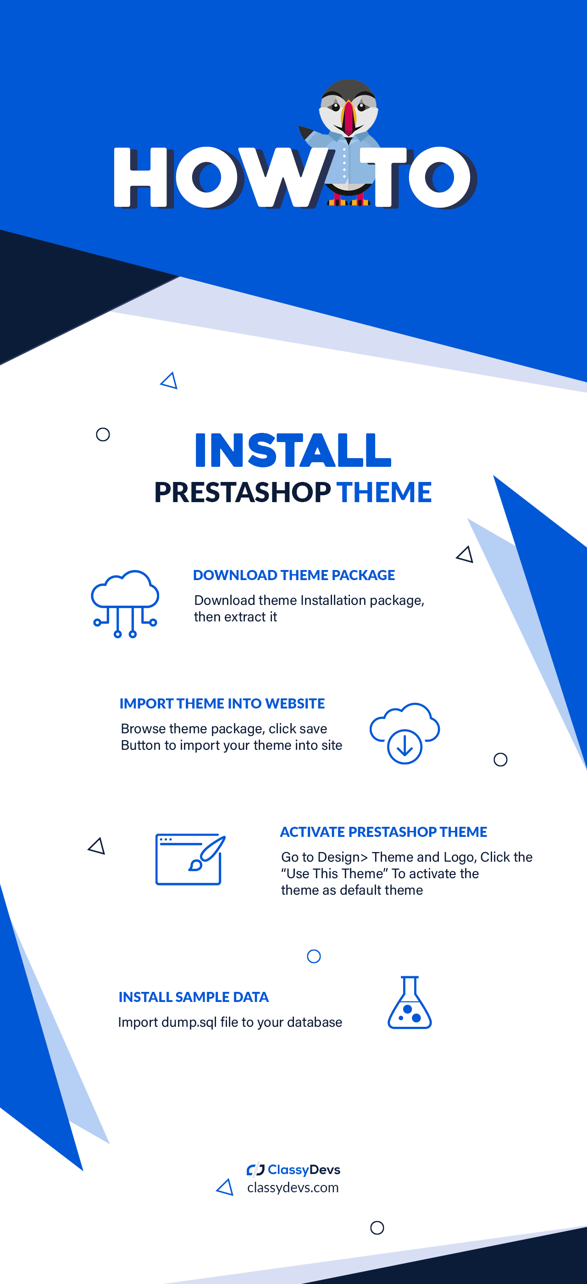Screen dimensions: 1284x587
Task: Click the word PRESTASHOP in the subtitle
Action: (x=242, y=493)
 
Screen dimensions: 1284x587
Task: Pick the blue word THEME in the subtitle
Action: (x=384, y=493)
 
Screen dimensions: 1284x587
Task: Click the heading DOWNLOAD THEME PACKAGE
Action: (x=293, y=575)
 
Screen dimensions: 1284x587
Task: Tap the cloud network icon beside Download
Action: (x=125, y=603)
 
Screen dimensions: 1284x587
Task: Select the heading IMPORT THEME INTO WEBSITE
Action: (x=222, y=703)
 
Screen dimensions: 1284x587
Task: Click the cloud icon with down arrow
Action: (x=404, y=733)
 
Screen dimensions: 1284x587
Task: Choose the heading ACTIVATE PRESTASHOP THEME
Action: (x=383, y=832)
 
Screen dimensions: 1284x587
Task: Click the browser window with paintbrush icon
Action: (x=190, y=859)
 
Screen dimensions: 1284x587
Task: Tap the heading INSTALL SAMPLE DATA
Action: (x=194, y=997)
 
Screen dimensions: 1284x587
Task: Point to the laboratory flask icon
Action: (x=409, y=1003)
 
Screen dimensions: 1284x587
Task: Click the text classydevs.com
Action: (x=293, y=1188)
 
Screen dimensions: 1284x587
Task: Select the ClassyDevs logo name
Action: (x=304, y=1169)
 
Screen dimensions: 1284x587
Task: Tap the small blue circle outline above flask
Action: (x=313, y=956)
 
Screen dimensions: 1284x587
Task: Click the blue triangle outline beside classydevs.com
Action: (x=225, y=1187)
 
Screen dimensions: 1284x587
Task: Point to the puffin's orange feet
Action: (x=349, y=202)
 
